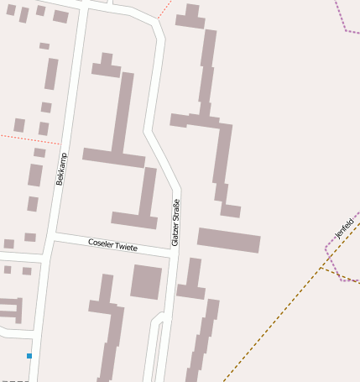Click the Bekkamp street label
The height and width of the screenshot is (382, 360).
60,169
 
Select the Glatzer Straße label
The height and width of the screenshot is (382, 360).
175,222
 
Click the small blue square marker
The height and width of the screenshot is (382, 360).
29,356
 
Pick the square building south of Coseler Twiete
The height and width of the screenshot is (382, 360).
146,281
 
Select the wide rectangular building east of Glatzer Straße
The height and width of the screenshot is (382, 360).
229,240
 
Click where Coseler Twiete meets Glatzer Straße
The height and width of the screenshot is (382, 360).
171,254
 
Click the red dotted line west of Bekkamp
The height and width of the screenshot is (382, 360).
25,139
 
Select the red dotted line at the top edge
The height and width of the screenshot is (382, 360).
164,10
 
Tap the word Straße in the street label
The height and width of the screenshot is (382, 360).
175,209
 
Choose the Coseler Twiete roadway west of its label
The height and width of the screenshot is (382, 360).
71,239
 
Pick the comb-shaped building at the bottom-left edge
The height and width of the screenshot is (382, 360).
12,308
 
